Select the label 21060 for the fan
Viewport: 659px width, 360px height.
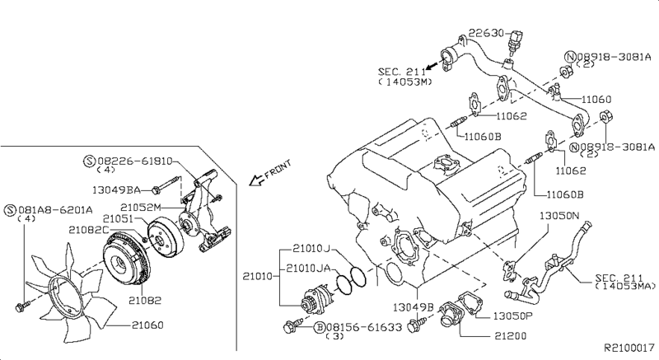(147, 325)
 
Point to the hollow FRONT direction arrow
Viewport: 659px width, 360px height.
(257, 181)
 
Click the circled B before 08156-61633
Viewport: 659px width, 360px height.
(319, 327)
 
